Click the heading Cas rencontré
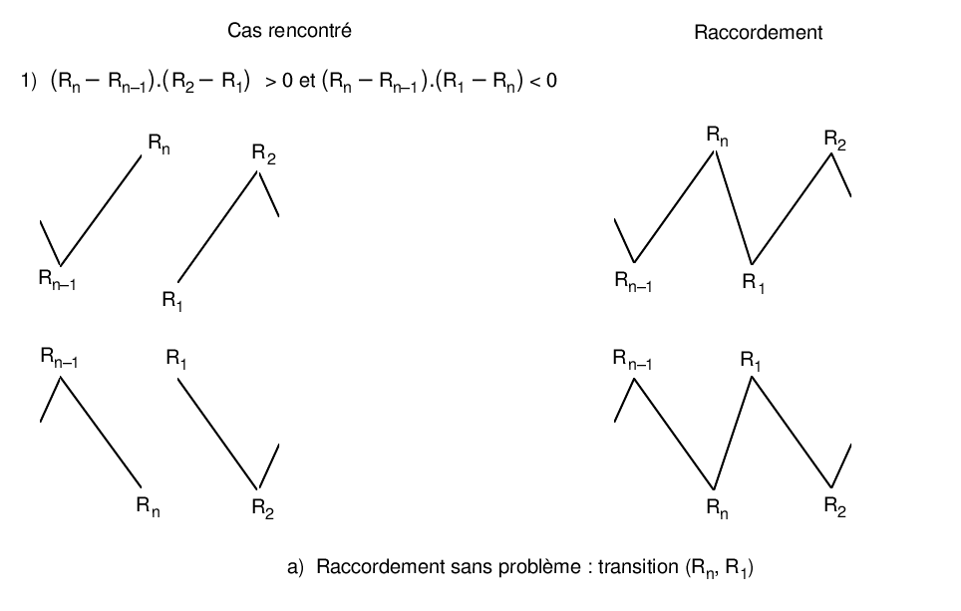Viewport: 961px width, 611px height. [290, 31]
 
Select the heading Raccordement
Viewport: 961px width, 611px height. [759, 33]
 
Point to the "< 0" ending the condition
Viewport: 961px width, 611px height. [542, 83]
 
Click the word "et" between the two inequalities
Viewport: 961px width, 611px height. [307, 83]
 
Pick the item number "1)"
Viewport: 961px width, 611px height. [29, 83]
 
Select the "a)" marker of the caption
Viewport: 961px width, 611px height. [294, 568]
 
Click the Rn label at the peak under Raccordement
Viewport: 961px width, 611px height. [717, 136]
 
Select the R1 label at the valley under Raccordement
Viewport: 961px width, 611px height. [754, 282]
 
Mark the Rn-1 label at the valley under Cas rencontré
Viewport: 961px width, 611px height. [58, 281]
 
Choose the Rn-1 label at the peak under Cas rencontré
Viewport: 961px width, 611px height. [60, 356]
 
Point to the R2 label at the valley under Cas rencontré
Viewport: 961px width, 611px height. [263, 507]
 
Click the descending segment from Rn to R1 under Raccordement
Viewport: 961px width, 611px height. [734, 206]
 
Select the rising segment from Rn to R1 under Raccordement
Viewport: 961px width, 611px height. [733, 432]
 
